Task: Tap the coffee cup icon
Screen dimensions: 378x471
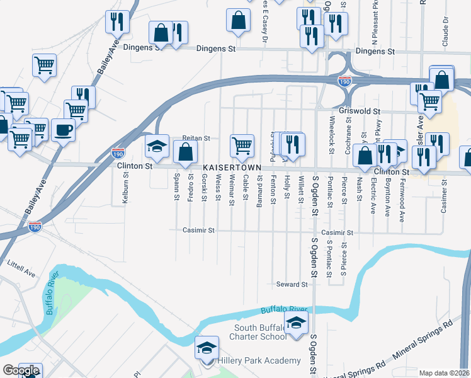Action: coord(63,130)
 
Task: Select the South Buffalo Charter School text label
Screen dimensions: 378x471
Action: coord(260,332)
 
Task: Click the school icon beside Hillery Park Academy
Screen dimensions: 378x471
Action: coord(207,348)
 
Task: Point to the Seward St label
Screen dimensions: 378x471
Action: coord(292,284)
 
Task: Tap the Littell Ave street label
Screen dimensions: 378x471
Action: coord(21,269)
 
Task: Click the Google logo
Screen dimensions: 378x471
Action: coord(21,370)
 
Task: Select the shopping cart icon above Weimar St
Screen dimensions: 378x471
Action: coord(242,146)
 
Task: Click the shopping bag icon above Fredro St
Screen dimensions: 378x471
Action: coord(185,151)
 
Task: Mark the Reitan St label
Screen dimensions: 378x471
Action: coord(195,137)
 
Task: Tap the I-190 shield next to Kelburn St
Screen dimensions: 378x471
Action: coord(118,152)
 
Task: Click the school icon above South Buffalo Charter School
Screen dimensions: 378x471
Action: coord(295,324)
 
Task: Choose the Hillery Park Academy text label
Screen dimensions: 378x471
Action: coord(259,360)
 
